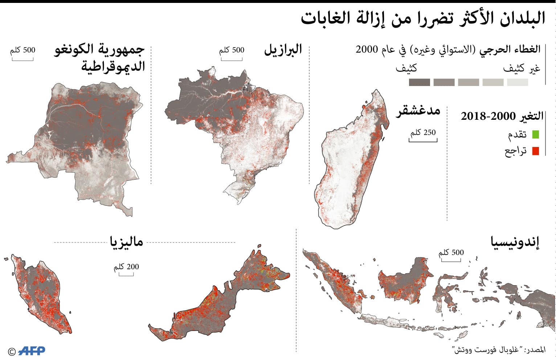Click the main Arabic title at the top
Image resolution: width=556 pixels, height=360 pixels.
(423, 19)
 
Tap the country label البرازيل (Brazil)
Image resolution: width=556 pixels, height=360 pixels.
(283, 49)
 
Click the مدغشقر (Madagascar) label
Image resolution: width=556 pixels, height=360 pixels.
(418, 110)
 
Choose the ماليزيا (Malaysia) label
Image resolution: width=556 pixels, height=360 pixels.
(126, 242)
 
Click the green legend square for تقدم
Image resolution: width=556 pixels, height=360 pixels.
(535, 135)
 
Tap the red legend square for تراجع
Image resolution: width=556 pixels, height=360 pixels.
(535, 151)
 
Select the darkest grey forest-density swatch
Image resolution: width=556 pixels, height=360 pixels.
(419, 82)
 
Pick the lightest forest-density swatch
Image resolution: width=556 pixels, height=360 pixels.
(518, 82)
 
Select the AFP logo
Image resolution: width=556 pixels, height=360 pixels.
(32, 351)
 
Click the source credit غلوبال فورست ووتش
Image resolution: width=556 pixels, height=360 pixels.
(499, 350)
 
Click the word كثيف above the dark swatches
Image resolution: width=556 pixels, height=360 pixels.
(406, 68)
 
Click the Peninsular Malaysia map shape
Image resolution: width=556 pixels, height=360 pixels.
(40, 294)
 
